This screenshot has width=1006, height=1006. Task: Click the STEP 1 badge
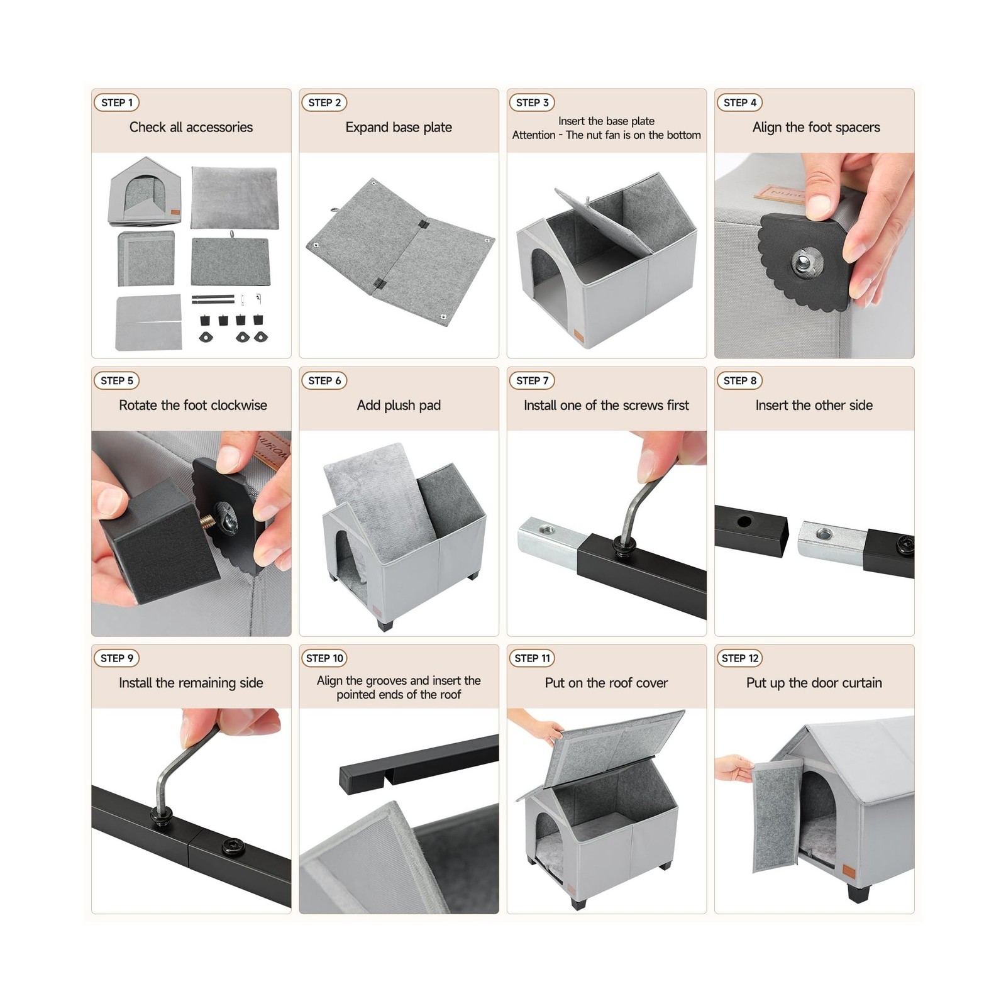(x=117, y=102)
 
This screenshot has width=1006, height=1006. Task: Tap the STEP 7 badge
(x=532, y=380)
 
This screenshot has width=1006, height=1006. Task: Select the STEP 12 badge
(x=740, y=658)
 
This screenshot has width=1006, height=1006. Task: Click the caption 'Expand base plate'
(x=399, y=128)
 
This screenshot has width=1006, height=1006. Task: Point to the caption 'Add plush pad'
(x=399, y=406)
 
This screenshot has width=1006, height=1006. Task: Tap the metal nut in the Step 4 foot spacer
(x=803, y=258)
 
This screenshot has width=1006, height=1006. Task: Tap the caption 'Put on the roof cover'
(x=606, y=683)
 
